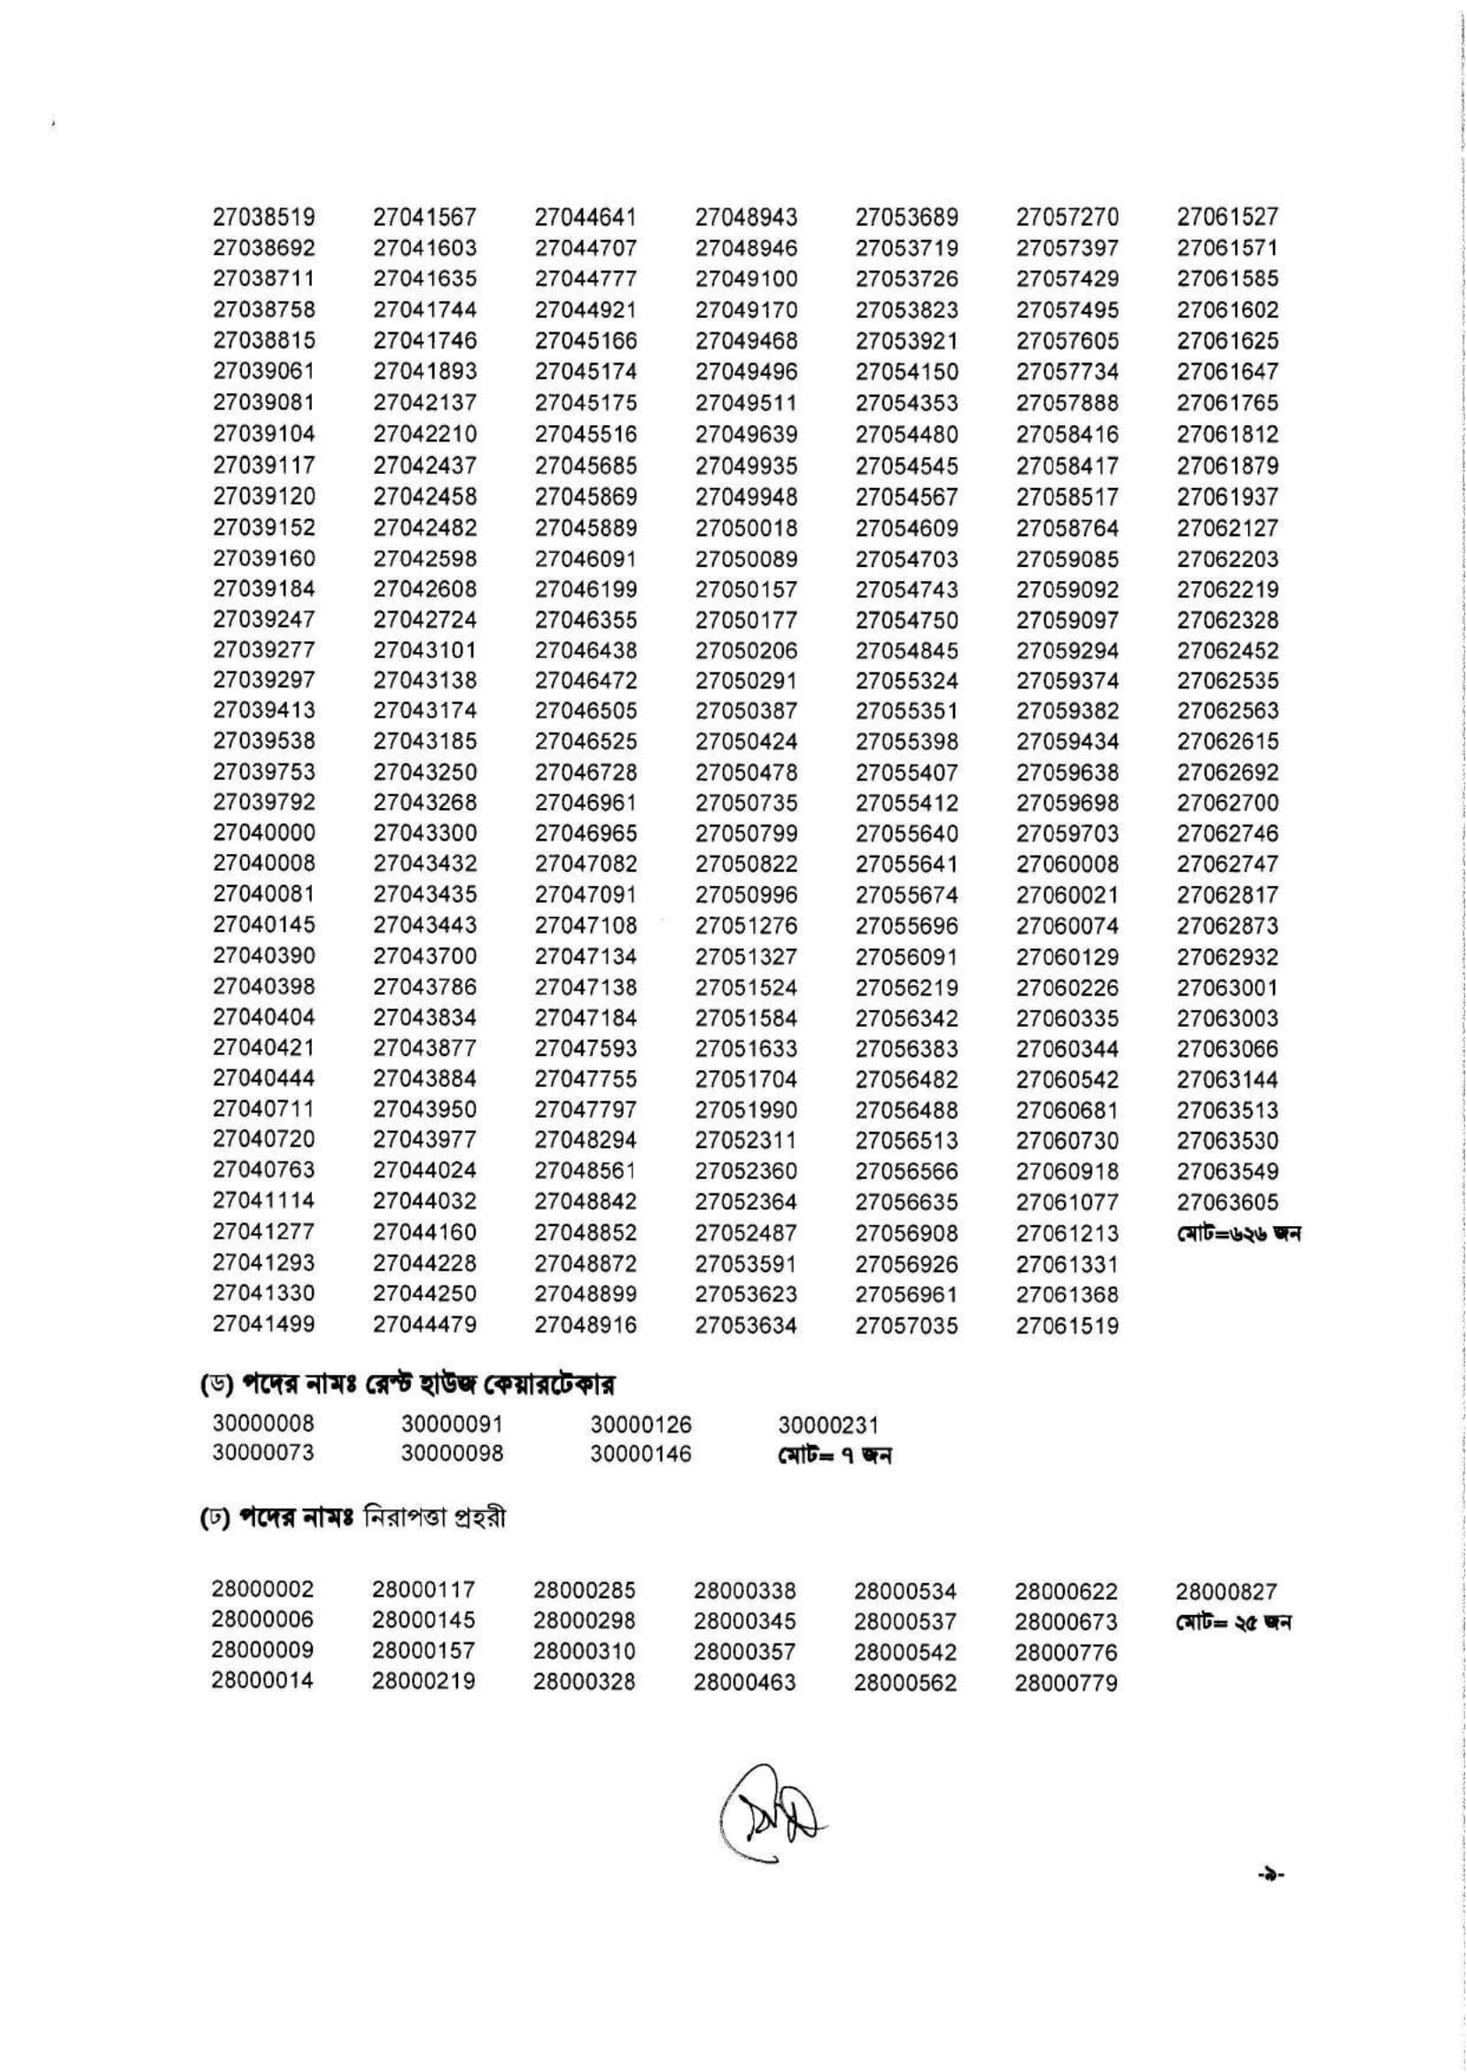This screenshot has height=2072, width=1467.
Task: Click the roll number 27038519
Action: [x=264, y=217]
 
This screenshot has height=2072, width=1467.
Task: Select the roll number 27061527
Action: [x=1228, y=217]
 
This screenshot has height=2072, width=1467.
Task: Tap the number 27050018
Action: [x=746, y=527]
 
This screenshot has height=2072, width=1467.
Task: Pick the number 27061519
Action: [x=1067, y=1326]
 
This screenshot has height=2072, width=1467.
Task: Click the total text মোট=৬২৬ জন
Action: [x=1238, y=1233]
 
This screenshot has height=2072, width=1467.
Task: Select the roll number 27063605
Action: [x=1228, y=1202]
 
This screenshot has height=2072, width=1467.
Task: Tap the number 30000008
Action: [x=264, y=1424]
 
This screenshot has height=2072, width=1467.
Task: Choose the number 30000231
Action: [x=828, y=1425]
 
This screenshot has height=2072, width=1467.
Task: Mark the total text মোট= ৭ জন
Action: [x=834, y=1455]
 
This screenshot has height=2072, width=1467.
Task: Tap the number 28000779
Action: [x=1066, y=1684]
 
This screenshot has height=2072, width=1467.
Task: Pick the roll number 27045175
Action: [x=586, y=403]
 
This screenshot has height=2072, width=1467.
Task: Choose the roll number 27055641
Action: [x=907, y=865]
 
